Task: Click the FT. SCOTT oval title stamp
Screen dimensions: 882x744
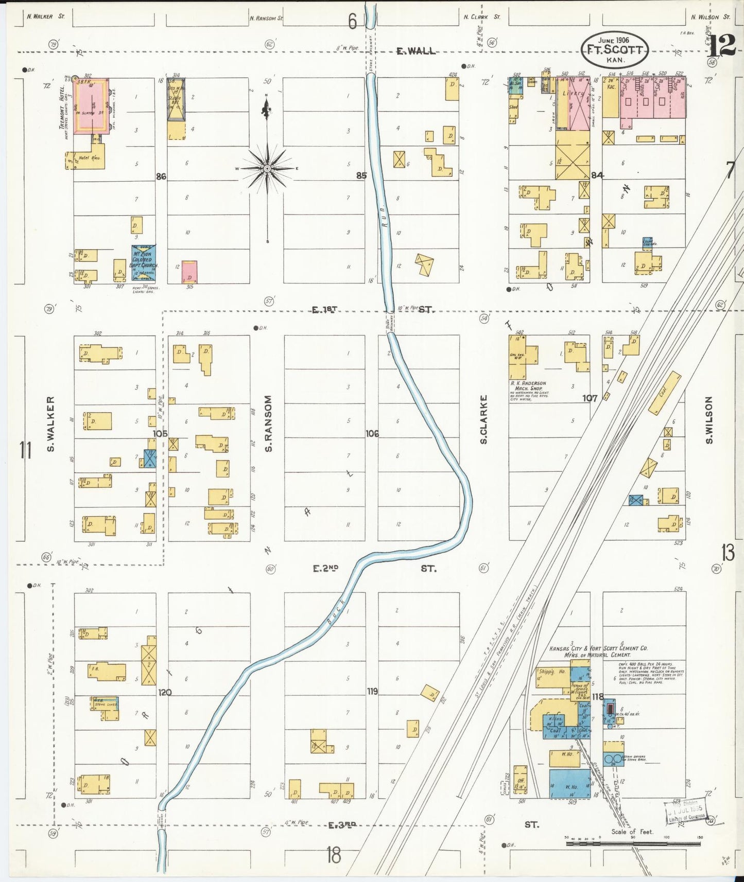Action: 614,50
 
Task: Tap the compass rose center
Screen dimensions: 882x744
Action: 267,168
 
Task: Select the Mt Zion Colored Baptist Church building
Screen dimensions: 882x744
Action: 144,263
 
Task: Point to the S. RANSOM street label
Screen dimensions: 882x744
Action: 268,423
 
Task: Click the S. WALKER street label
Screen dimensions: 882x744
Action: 50,424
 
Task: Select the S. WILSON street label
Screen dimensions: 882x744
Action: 709,420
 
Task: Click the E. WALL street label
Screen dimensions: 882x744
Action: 416,51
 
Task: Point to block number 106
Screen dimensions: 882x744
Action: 372,434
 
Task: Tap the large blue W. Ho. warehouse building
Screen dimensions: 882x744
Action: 569,784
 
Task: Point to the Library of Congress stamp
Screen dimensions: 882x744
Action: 686,814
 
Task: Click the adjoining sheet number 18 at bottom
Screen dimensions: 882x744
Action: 334,855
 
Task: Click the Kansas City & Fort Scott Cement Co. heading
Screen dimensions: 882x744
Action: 598,651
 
